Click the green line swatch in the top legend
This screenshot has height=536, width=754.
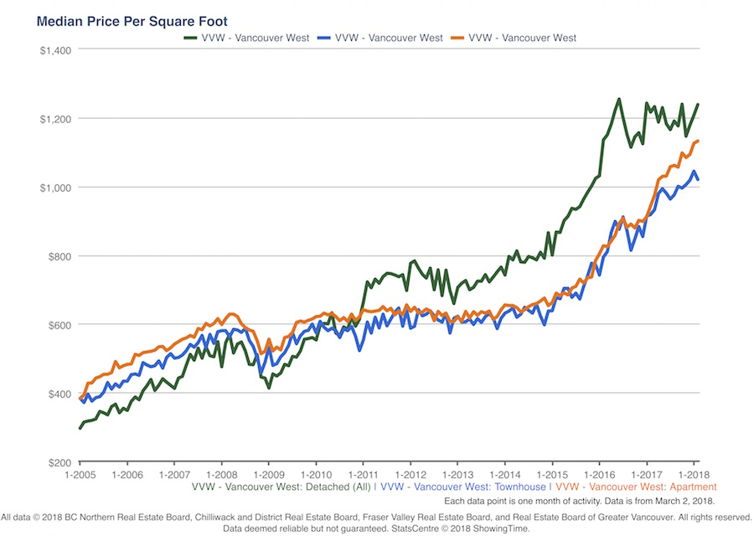(x=192, y=38)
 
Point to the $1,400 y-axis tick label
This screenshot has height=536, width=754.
(x=55, y=49)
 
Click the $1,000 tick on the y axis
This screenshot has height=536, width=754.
(x=55, y=188)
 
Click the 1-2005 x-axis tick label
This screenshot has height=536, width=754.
(x=80, y=475)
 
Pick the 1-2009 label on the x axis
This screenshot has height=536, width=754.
(x=268, y=475)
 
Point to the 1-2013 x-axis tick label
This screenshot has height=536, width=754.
(x=457, y=475)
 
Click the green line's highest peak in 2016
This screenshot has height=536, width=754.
(x=618, y=99)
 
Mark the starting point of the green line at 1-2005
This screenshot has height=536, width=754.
(x=80, y=428)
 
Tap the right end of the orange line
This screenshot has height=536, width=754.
(x=698, y=141)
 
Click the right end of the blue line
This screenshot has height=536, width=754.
(x=698, y=179)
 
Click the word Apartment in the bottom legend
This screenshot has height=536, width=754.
(x=691, y=487)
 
